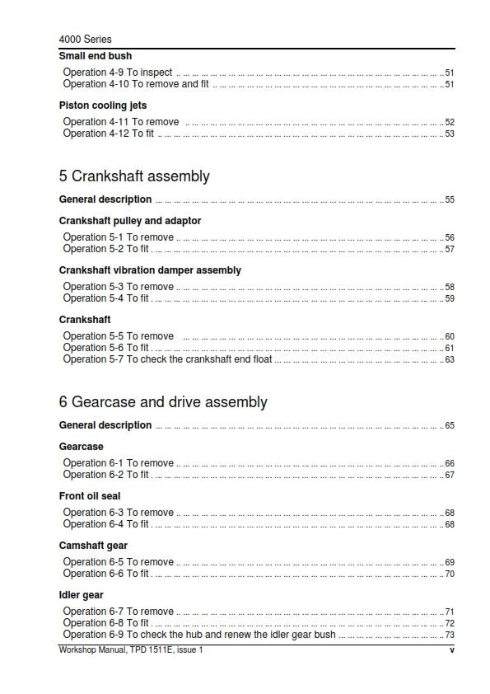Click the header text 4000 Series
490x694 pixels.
pos(86,39)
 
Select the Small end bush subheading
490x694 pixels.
pos(95,56)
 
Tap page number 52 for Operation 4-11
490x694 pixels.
pos(450,123)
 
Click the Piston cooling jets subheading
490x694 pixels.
pos(103,106)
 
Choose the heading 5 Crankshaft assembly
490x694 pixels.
pos(134,176)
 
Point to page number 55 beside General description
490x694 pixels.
pos(450,200)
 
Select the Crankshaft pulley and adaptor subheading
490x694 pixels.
pos(130,221)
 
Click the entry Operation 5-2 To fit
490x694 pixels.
pos(106,249)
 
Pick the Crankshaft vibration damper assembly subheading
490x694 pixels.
pos(150,270)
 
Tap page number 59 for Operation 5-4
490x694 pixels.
pos(450,299)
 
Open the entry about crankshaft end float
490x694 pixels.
pos(167,359)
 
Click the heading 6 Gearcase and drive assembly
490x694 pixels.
pos(163,402)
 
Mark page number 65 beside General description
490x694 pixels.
pos(450,426)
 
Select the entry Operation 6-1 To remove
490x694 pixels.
pos(118,463)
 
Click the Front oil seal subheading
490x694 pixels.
pos(90,496)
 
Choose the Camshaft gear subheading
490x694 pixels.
pos(93,546)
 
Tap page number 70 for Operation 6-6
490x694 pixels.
pos(450,574)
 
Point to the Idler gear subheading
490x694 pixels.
pos(81,595)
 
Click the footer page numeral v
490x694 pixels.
pos(451,651)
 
